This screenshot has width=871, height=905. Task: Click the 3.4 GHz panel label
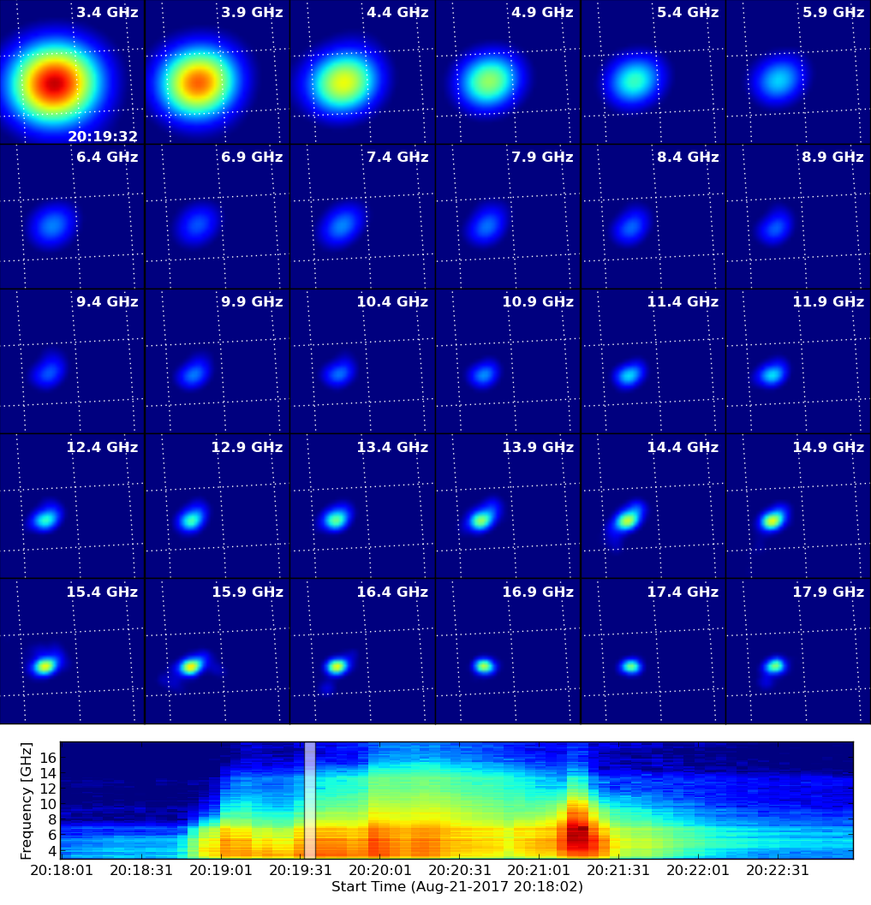[107, 12]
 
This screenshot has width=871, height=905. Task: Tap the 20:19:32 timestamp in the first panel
[103, 137]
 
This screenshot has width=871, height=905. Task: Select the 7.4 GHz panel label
[397, 157]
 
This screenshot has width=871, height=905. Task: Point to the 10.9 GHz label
[538, 302]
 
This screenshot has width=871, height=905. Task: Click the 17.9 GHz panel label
[828, 592]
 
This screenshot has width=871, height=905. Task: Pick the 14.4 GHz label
[683, 447]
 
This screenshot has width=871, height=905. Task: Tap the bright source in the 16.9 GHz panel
[484, 667]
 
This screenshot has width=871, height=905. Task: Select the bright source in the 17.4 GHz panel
[631, 667]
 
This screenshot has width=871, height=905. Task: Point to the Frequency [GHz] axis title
[26, 801]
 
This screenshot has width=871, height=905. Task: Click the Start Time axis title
[456, 886]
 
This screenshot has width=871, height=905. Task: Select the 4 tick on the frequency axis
[52, 851]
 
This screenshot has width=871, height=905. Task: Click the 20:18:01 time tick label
[62, 871]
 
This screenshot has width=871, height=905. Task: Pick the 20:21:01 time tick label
[539, 871]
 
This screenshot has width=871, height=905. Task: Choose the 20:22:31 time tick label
[778, 871]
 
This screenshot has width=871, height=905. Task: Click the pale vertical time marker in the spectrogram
[310, 801]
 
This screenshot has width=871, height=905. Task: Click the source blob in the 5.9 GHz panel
[778, 80]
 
